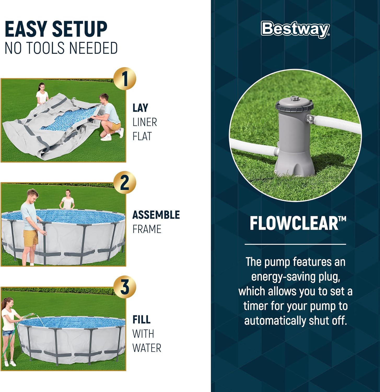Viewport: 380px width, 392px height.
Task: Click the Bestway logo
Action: click(295, 29)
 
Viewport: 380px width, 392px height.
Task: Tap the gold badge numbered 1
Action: click(125, 79)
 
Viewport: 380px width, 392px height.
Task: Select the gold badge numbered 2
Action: click(125, 182)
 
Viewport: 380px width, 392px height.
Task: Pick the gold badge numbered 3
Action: click(125, 287)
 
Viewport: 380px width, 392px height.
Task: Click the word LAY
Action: click(140, 108)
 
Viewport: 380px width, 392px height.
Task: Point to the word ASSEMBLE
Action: click(156, 215)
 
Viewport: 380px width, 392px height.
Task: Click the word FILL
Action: click(141, 319)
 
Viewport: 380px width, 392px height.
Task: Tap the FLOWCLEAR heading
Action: click(298, 223)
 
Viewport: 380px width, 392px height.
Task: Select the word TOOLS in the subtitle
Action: click(46, 48)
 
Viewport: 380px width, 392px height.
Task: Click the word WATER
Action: click(147, 348)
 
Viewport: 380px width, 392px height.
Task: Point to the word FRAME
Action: click(147, 229)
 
